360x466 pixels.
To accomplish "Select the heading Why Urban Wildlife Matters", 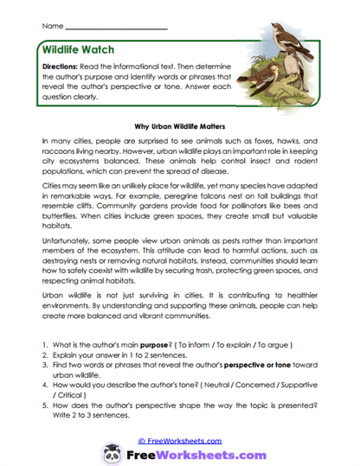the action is pos(182,124).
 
